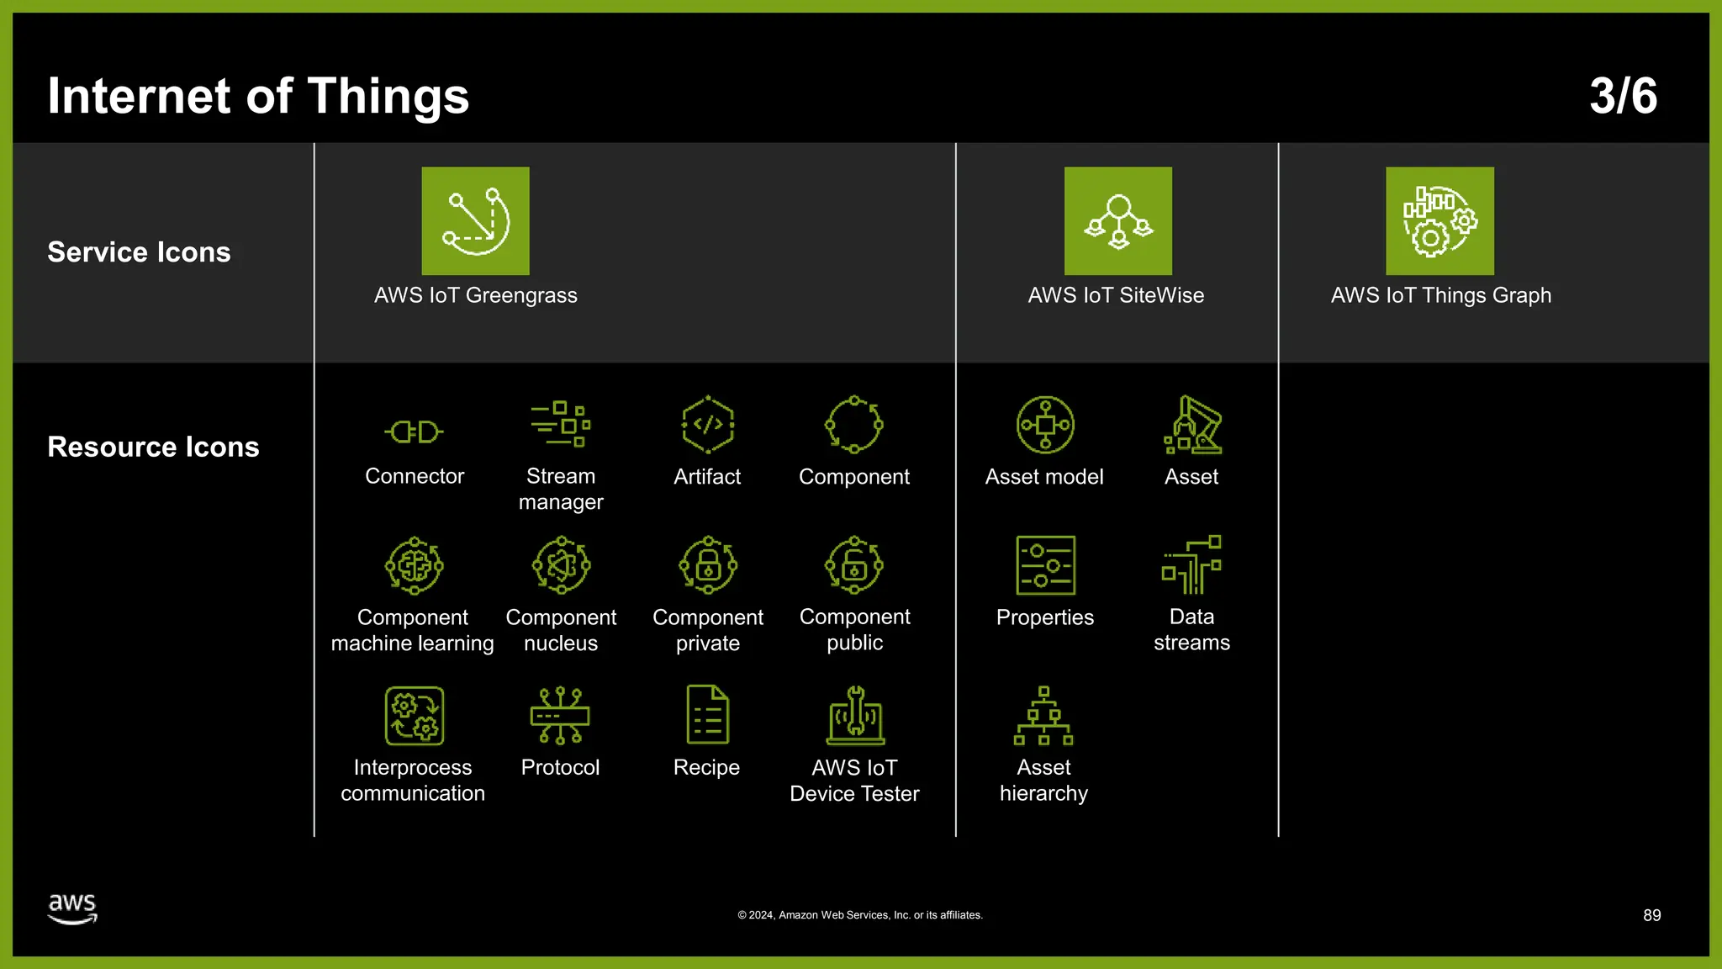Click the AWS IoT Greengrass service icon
475,220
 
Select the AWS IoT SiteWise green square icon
1117,220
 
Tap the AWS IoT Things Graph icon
1439,220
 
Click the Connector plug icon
414,432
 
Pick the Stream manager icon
561,424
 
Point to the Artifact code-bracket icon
707,425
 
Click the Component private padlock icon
708,565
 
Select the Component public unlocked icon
854,565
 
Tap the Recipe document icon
707,715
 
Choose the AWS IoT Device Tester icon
855,716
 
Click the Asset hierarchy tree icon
1043,716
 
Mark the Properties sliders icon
1045,565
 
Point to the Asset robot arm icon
1192,425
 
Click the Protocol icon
560,716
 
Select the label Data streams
1191,629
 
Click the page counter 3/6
1623,96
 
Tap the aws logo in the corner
72,908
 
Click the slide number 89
1651,915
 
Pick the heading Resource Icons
153,447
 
